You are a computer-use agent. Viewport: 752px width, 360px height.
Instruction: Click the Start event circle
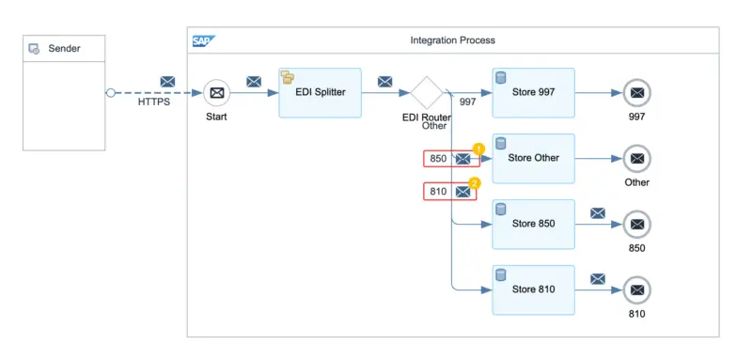coord(217,93)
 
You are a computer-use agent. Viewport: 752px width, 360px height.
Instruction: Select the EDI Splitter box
coord(320,92)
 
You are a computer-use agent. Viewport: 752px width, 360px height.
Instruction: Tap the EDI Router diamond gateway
coord(428,93)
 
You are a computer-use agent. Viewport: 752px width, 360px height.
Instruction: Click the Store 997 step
coord(533,92)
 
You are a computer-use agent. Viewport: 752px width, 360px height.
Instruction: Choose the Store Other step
coord(533,158)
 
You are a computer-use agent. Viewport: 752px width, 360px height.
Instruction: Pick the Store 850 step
coord(533,224)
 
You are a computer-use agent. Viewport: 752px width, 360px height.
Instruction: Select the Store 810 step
coord(533,290)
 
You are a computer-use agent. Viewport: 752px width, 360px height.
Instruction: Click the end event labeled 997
coord(636,93)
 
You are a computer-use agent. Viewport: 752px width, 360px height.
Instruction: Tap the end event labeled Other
coord(636,159)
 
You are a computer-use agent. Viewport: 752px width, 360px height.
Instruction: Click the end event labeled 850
coord(636,225)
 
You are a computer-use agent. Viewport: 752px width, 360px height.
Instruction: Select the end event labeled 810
coord(636,290)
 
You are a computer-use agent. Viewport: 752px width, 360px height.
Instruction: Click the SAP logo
coord(203,40)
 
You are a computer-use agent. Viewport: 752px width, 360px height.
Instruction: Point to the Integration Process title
coord(452,40)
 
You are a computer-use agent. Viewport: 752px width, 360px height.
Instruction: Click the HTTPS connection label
coord(153,103)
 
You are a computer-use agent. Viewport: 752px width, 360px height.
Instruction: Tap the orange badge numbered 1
coord(478,149)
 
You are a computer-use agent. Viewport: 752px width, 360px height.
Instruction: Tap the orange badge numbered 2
coord(475,182)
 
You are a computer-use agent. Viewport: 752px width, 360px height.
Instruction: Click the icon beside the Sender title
coord(35,49)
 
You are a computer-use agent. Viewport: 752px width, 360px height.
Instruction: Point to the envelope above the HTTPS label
coord(167,82)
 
